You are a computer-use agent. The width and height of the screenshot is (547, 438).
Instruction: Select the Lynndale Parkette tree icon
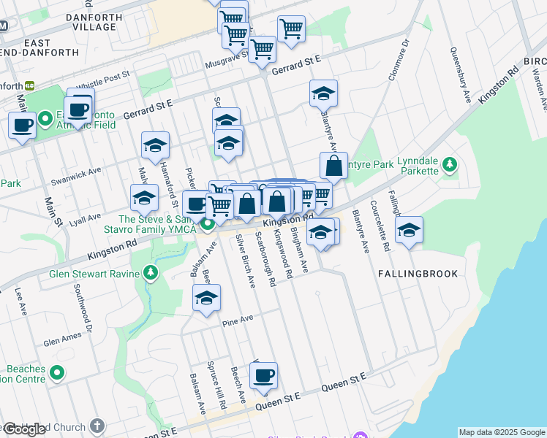point(451,164)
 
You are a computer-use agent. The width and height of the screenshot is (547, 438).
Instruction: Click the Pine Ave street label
point(238,319)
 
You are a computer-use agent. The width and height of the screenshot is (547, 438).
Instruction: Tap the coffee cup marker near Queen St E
point(263,376)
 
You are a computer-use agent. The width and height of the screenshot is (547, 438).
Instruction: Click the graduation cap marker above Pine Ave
point(207,298)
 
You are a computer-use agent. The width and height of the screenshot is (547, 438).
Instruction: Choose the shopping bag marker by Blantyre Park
point(333,166)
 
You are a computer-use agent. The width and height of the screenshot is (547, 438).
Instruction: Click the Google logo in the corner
point(24,429)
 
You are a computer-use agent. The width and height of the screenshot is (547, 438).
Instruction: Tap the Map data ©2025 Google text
point(502,432)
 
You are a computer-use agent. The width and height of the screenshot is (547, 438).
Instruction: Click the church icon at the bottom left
point(97,426)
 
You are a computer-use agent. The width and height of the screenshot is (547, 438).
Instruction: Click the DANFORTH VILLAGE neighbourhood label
point(91,22)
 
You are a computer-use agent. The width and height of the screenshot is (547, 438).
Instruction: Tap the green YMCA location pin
point(208,225)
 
